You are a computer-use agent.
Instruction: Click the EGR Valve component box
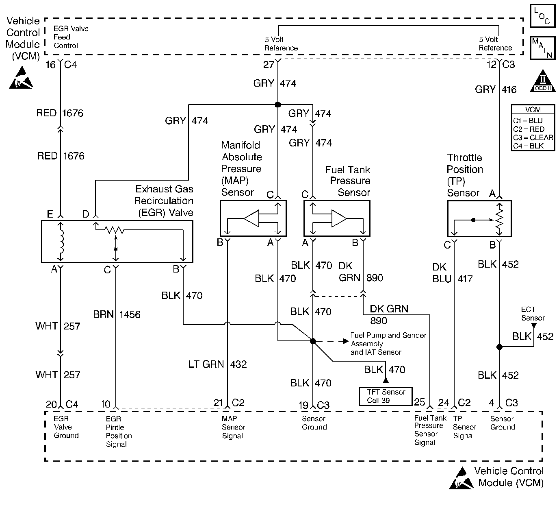pyautogui.click(x=117, y=242)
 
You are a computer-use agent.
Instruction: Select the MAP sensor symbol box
pyautogui.click(x=253, y=218)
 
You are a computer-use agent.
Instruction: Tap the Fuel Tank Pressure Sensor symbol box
pyautogui.click(x=337, y=218)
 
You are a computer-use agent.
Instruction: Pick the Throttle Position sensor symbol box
pyautogui.click(x=479, y=218)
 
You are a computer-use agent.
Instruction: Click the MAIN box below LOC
pyautogui.click(x=542, y=48)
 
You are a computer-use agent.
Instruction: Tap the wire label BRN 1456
pyautogui.click(x=117, y=314)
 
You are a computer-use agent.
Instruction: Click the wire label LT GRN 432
pyautogui.click(x=218, y=364)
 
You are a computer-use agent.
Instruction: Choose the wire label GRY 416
pyautogui.click(x=496, y=89)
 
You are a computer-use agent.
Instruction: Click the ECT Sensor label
pyautogui.click(x=533, y=314)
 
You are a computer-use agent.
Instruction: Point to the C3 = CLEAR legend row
pyautogui.click(x=533, y=137)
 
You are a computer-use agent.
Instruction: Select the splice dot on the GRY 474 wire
pyautogui.click(x=278, y=105)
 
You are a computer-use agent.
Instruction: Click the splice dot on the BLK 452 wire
pyautogui.click(x=499, y=347)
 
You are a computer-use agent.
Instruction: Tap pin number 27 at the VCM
pyautogui.click(x=269, y=64)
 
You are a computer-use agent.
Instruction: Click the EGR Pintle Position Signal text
pyautogui.click(x=119, y=431)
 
